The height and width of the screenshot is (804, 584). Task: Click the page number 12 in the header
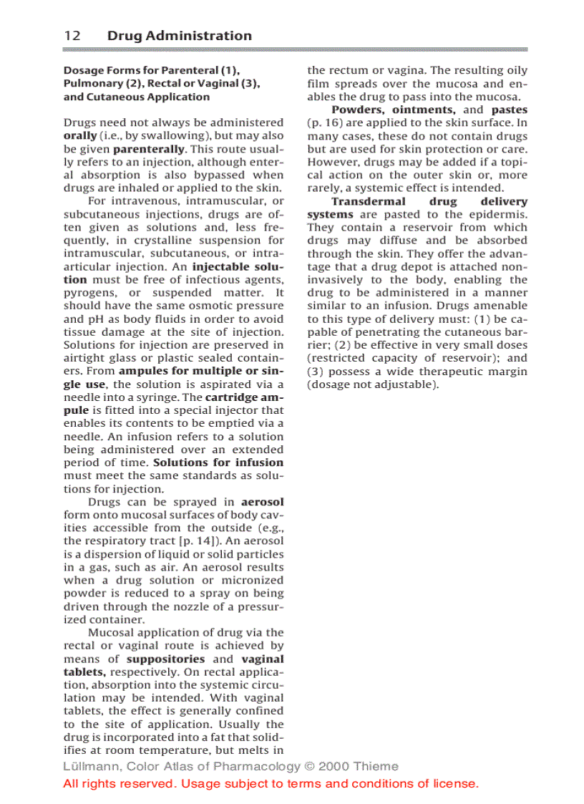point(72,36)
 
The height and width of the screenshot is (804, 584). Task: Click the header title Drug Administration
point(179,36)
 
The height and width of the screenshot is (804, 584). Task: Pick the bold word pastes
point(509,110)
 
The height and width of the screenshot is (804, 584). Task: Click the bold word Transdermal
point(368,201)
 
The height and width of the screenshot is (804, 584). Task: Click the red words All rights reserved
point(119,783)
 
